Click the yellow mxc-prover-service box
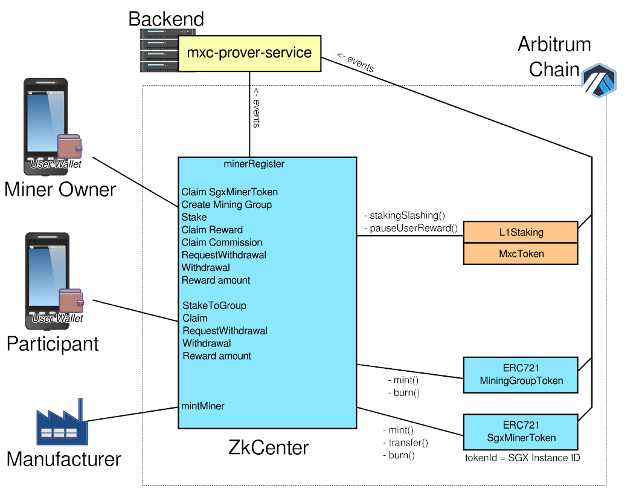pos(249,53)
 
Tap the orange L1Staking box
pos(521,232)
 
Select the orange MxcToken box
pos(521,254)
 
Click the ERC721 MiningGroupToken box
pos(521,374)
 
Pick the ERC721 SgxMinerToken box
pos(521,432)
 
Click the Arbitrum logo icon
pos(598,79)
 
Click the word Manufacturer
pos(63,459)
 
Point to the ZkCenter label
pos(268,447)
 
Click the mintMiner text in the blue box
pos(203,406)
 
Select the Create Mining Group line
pos(226,204)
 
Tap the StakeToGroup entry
pos(214,305)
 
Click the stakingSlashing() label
pos(404,215)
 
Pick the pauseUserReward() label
pos(410,228)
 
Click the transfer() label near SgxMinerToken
pos(405,443)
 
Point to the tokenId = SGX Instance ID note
pos(522,458)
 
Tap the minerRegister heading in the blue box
pos(254,164)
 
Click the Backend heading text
pos(166,19)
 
